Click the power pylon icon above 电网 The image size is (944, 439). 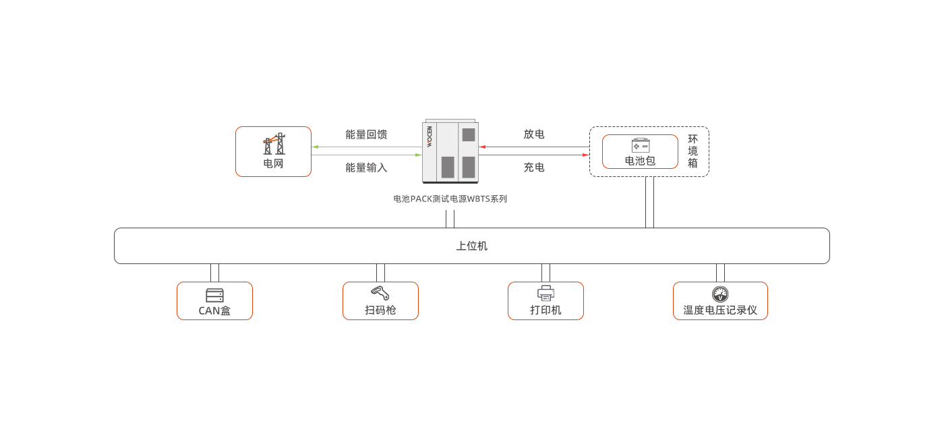pyautogui.click(x=274, y=145)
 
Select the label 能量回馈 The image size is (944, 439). pyautogui.click(x=366, y=134)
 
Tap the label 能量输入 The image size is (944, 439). pyautogui.click(x=366, y=167)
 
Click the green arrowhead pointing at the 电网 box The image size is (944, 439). pyautogui.click(x=315, y=147)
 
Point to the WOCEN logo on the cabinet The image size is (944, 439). pyautogui.click(x=430, y=137)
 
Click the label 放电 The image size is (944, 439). pyautogui.click(x=534, y=134)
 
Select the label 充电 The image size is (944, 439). pyautogui.click(x=534, y=167)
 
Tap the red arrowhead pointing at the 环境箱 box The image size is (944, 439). pyautogui.click(x=585, y=155)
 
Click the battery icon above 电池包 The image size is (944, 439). pyautogui.click(x=640, y=145)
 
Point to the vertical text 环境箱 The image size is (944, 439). pyautogui.click(x=692, y=151)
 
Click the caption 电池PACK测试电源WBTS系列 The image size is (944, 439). pyautogui.click(x=450, y=199)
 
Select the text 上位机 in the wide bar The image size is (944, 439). pyautogui.click(x=471, y=246)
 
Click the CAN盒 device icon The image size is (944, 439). pyautogui.click(x=214, y=295)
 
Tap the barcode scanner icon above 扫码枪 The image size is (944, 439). pyautogui.click(x=380, y=294)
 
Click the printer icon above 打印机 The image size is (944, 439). pyautogui.click(x=545, y=294)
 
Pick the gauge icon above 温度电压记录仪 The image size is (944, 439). pyautogui.click(x=720, y=294)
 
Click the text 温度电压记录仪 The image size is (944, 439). pyautogui.click(x=720, y=311)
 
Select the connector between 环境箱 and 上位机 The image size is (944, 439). pyautogui.click(x=649, y=202)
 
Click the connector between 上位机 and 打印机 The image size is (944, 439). pyautogui.click(x=545, y=273)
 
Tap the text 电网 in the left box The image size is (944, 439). pyautogui.click(x=273, y=163)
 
